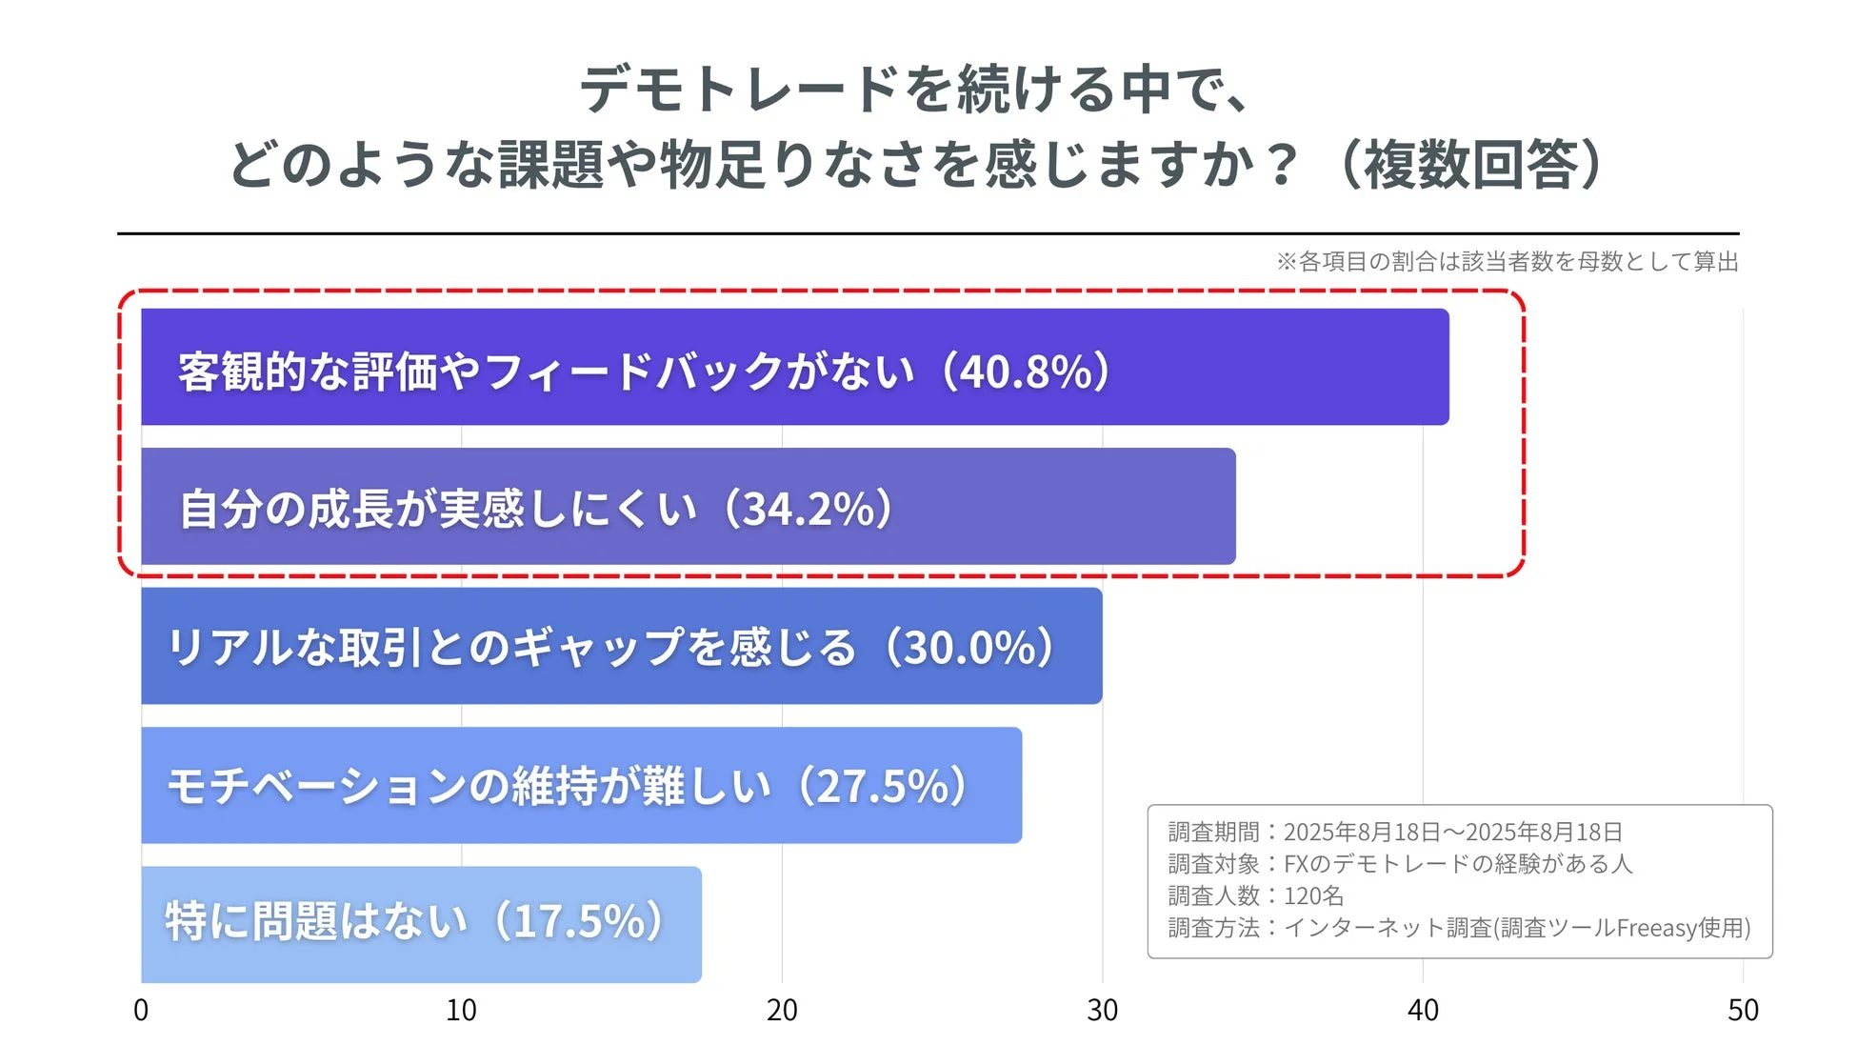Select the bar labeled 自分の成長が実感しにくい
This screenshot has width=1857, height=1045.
coord(688,506)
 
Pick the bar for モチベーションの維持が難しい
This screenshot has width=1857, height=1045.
coord(581,785)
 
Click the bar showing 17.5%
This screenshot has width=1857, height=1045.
coord(421,924)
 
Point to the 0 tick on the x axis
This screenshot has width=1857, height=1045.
coord(141,1010)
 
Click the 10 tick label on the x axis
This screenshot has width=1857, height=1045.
coord(461,1010)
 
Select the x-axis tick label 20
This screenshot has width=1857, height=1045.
coord(782,1010)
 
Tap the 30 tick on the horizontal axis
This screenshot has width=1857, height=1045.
coord(1102,1010)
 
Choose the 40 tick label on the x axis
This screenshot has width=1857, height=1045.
coord(1423,1010)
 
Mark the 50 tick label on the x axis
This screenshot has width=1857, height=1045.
coord(1743,1010)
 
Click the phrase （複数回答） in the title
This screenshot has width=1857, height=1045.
coord(1472,164)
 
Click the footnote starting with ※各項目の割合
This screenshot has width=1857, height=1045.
coord(1507,261)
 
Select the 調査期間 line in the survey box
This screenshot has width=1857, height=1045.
coord(1394,832)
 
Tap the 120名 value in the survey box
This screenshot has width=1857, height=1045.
coord(1313,895)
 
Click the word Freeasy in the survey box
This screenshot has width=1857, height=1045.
coord(1658,928)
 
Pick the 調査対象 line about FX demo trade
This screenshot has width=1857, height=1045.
coord(1400,863)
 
